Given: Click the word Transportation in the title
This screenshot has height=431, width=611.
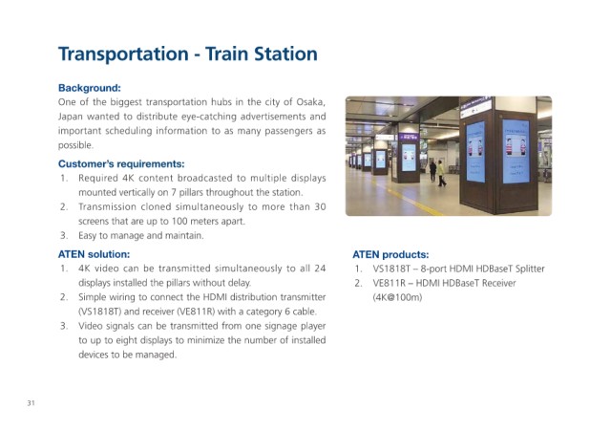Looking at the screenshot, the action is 123,54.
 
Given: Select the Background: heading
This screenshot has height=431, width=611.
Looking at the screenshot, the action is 89,88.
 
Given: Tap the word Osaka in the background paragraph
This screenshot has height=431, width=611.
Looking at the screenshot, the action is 310,102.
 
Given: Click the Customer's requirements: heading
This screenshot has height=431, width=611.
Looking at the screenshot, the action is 121,163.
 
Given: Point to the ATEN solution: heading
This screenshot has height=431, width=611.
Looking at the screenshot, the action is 94,254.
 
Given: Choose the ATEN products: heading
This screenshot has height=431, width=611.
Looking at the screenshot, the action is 390,255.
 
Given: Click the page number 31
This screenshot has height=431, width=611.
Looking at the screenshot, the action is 31,403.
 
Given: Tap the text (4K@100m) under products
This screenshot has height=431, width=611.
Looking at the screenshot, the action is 397,297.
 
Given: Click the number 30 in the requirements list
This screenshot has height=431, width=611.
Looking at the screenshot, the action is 320,206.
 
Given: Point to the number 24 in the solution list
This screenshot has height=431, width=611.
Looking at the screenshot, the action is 320,269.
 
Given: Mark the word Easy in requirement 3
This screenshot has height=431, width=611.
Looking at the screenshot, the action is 88,236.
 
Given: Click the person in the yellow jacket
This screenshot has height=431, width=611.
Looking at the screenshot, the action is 441,174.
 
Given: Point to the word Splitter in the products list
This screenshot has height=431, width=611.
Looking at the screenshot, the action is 530,269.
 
